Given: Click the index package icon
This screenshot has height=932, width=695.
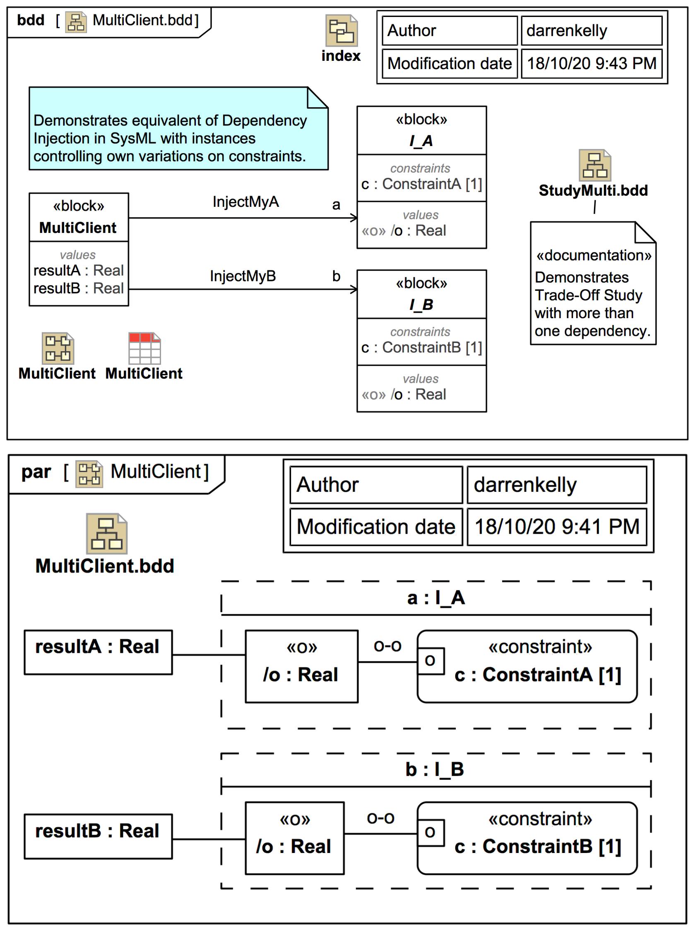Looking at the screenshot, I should (x=341, y=31).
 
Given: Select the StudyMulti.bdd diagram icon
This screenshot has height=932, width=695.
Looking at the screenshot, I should (x=594, y=165).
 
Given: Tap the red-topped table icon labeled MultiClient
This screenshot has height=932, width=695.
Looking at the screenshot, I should (x=144, y=348).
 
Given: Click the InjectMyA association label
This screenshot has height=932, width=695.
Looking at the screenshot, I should (x=246, y=202).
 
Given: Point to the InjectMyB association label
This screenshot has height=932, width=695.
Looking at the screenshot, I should (x=243, y=276).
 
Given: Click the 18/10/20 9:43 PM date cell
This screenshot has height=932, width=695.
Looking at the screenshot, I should (x=591, y=63).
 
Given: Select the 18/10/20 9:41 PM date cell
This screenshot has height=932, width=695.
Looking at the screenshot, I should (x=557, y=527).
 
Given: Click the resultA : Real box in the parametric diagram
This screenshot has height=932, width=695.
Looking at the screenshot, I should (x=98, y=652).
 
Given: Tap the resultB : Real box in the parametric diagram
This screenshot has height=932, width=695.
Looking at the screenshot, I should (x=98, y=836).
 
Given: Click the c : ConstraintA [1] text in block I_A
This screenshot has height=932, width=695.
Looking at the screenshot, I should (x=421, y=184).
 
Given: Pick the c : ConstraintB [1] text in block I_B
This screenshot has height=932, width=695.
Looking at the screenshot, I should (x=421, y=347).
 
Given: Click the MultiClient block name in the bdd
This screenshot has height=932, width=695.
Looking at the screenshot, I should (x=78, y=228).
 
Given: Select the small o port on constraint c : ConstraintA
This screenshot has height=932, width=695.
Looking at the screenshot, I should (x=430, y=661).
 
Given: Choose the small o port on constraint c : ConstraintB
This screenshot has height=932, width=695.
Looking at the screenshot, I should (x=430, y=833).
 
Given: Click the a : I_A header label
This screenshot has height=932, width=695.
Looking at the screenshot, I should (x=436, y=598).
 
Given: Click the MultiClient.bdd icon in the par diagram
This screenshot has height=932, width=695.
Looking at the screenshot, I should (x=106, y=534).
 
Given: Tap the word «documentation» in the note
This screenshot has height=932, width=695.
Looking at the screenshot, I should (x=594, y=255).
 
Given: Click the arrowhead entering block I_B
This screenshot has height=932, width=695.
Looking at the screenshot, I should (x=354, y=289).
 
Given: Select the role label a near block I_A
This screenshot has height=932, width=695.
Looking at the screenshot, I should (x=336, y=205).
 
